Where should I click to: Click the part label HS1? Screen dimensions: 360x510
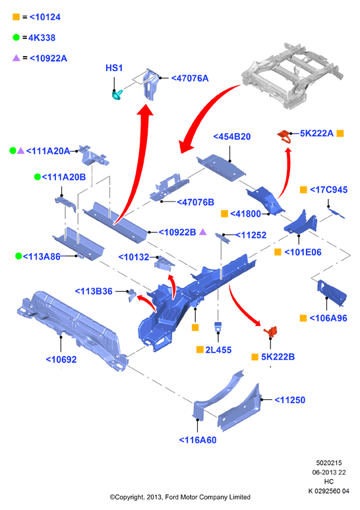[x=114, y=68]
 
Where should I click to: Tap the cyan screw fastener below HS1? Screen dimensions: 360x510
[x=117, y=95]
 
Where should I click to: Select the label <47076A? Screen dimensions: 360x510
[x=190, y=78]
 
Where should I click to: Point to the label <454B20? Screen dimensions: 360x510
[x=231, y=136]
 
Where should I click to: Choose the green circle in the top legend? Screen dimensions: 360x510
[x=16, y=38]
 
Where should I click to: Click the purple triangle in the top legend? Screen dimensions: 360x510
[x=16, y=58]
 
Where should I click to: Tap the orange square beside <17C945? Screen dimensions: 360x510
[x=303, y=190]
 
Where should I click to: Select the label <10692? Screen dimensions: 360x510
[x=61, y=359]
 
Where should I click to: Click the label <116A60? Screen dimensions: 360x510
[x=198, y=440]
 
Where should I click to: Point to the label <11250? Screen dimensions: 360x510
[x=289, y=400]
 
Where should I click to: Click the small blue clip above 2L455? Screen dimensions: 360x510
[x=218, y=326]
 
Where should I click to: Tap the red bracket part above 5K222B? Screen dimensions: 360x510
[x=271, y=331]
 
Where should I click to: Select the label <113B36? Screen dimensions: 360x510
[x=94, y=291]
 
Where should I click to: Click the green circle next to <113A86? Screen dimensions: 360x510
[x=18, y=256]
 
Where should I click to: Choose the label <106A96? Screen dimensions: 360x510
[x=328, y=318]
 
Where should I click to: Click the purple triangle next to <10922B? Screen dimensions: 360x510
[x=203, y=231]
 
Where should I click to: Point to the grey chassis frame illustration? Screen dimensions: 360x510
[x=292, y=76]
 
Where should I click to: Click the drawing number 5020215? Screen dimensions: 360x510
[x=329, y=463]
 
